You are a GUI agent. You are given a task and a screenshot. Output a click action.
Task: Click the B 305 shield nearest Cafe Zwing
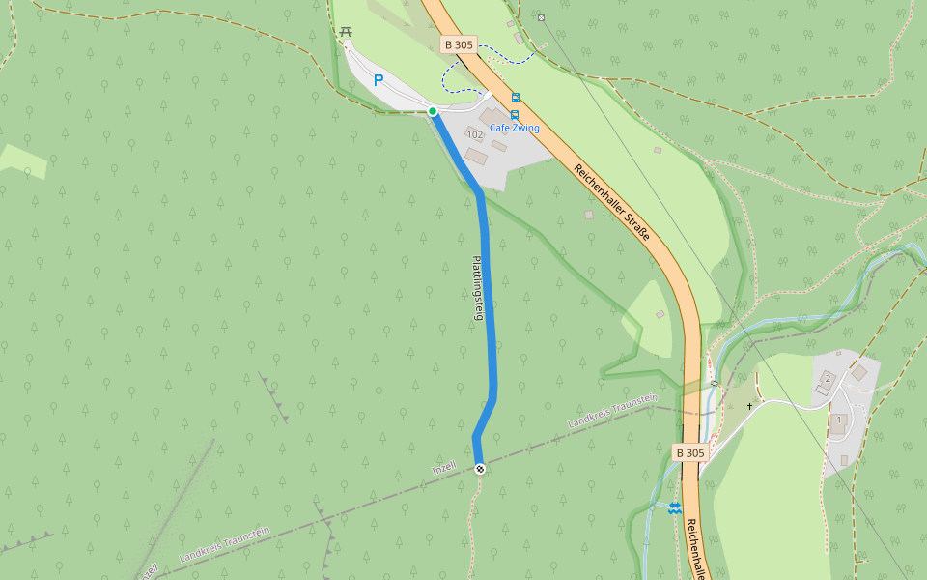tap(459, 44)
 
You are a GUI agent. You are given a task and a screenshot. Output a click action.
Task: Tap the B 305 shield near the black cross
tap(690, 452)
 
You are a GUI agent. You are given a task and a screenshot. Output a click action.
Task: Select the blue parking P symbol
tap(379, 81)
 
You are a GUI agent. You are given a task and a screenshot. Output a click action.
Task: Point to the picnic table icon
tap(346, 32)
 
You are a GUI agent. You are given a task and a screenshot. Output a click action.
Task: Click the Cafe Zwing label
tap(514, 128)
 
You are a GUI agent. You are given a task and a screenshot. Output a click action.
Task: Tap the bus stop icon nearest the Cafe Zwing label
tap(516, 113)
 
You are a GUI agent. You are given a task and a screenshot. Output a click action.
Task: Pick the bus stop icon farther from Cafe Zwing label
tap(516, 97)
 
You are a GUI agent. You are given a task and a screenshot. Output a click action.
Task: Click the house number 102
tap(474, 135)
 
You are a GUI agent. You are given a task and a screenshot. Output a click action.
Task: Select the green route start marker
tap(433, 111)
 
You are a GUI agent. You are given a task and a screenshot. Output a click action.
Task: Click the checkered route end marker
tap(479, 469)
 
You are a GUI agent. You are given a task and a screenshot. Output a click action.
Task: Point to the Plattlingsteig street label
tap(476, 288)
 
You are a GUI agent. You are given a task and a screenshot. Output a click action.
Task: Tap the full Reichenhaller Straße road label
tap(611, 202)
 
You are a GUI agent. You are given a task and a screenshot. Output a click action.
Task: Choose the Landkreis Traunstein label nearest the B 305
tap(612, 412)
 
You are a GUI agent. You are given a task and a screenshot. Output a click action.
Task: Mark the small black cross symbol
tap(748, 406)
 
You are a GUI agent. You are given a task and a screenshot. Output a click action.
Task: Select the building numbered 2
tap(828, 378)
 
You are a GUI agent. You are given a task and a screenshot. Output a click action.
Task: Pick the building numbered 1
tap(839, 421)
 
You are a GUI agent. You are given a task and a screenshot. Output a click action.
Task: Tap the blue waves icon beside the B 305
tap(674, 507)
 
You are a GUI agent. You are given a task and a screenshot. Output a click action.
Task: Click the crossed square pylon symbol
tap(541, 17)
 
